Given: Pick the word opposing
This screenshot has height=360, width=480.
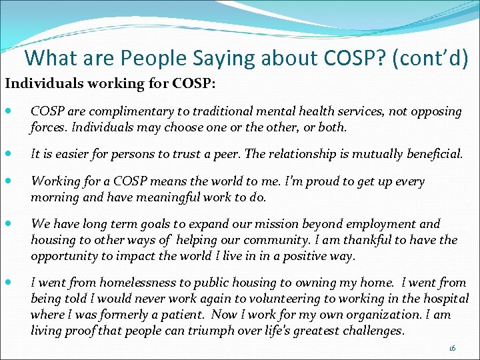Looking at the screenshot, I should coord(434,111).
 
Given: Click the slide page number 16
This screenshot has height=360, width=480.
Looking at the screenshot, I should coord(453,348).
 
